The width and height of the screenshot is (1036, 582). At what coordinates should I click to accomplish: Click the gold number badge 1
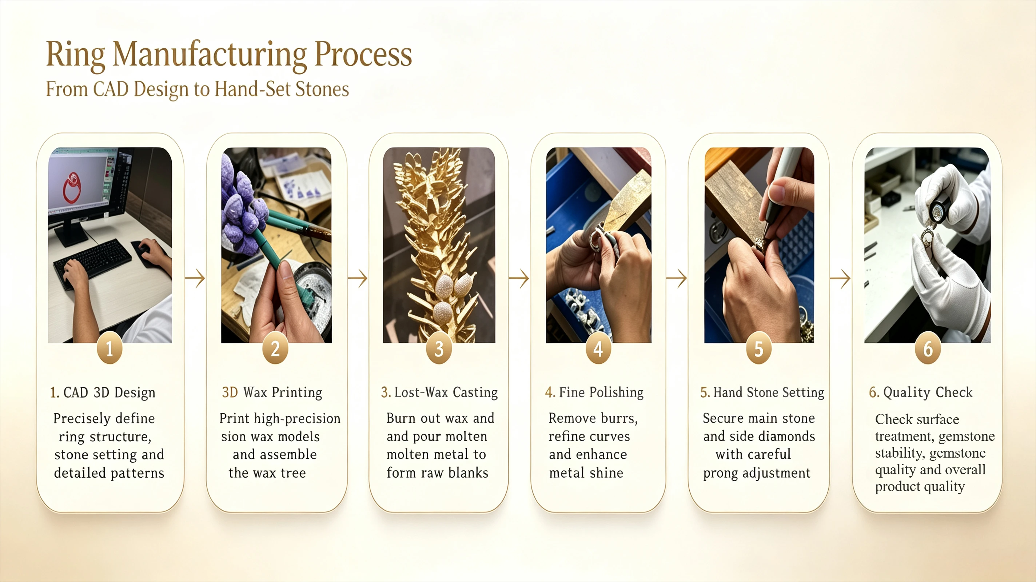click(x=109, y=348)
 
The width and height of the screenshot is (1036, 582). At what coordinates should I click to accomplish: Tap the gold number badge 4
click(x=598, y=348)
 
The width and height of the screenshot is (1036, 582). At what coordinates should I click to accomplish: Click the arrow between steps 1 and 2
click(x=195, y=278)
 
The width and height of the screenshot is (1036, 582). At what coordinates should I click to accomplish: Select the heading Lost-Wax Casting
click(x=446, y=392)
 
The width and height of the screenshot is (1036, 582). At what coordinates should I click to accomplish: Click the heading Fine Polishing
click(x=601, y=392)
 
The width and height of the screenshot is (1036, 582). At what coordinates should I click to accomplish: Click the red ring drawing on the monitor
click(x=72, y=187)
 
